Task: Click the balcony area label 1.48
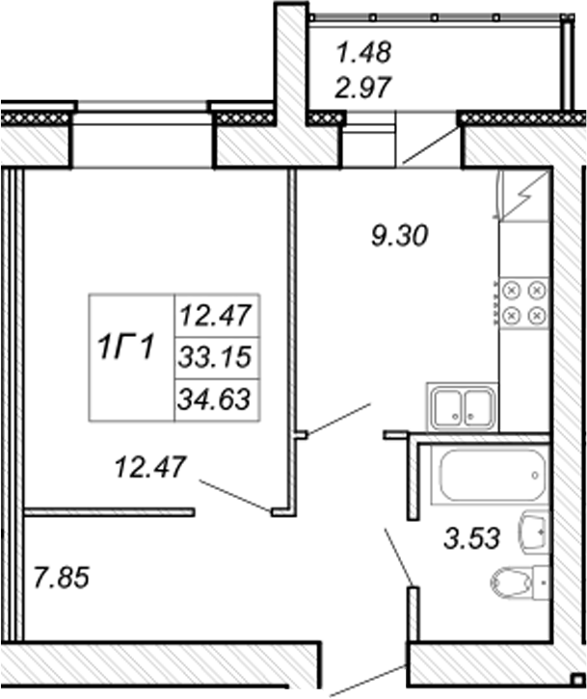point(363,52)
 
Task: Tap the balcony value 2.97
point(363,87)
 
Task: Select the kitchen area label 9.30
point(399,235)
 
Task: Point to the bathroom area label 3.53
point(472,537)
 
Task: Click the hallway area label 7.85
point(62,578)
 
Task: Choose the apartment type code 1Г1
point(126,348)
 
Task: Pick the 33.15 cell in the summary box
point(215,357)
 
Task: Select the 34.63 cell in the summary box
point(214,399)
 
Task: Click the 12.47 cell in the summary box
point(216,315)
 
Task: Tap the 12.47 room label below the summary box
point(150,467)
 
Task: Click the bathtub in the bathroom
point(490,476)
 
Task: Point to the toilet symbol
point(518,582)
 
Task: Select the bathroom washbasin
point(533,531)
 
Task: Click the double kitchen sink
point(462,406)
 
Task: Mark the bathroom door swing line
point(399,556)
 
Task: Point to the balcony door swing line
point(431,144)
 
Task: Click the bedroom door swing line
point(235,495)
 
